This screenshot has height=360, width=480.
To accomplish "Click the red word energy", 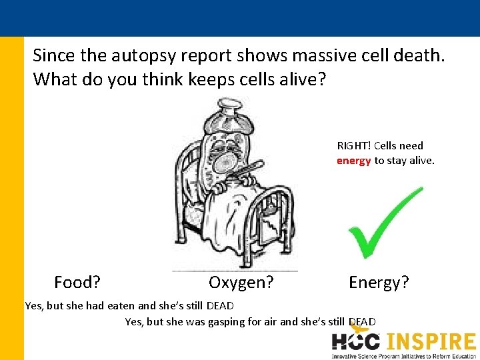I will click(x=353, y=160).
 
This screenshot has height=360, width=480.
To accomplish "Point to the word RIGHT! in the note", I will click(x=354, y=145).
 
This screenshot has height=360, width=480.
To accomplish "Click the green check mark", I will click(x=383, y=223).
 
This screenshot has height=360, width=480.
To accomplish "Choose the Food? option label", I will click(x=77, y=283).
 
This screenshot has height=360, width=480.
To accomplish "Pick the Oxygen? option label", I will click(x=241, y=283).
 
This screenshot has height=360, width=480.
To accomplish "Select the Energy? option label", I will click(x=379, y=283).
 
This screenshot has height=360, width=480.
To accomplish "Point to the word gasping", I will click(x=225, y=322).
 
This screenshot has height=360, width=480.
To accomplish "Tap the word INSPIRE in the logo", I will click(x=430, y=341).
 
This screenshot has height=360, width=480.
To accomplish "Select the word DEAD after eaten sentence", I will click(x=220, y=306).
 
